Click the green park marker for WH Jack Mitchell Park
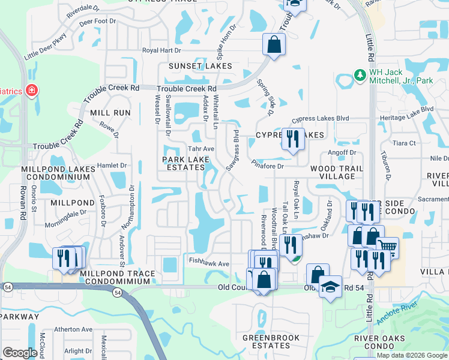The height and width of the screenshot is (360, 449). (360, 75)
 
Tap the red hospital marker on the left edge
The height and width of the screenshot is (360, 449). (31, 91)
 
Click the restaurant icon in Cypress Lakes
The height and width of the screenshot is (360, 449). (293, 139)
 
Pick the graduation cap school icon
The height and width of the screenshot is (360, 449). (330, 287)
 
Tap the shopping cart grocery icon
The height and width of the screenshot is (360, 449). (387, 247)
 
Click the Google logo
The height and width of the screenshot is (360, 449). (20, 353)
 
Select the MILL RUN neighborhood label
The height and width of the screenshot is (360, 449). (110, 112)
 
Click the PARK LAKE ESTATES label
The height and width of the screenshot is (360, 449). (185, 163)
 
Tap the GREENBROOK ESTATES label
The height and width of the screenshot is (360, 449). (266, 341)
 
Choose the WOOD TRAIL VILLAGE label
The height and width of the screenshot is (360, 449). (336, 173)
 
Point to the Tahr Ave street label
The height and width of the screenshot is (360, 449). (201, 149)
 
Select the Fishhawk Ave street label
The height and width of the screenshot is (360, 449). (209, 263)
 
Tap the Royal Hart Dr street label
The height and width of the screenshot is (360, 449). (161, 50)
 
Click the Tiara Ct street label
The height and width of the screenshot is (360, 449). (403, 143)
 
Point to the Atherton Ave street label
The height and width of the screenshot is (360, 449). (73, 329)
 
